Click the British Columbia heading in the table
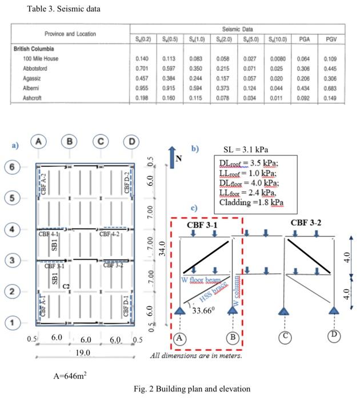pyautogui.click(x=37, y=49)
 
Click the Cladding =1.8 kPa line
pyautogui.click(x=249, y=202)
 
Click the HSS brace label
pyautogui.click(x=214, y=291)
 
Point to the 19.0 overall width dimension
pyautogui.click(x=84, y=353)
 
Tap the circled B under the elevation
pyautogui.click(x=233, y=337)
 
